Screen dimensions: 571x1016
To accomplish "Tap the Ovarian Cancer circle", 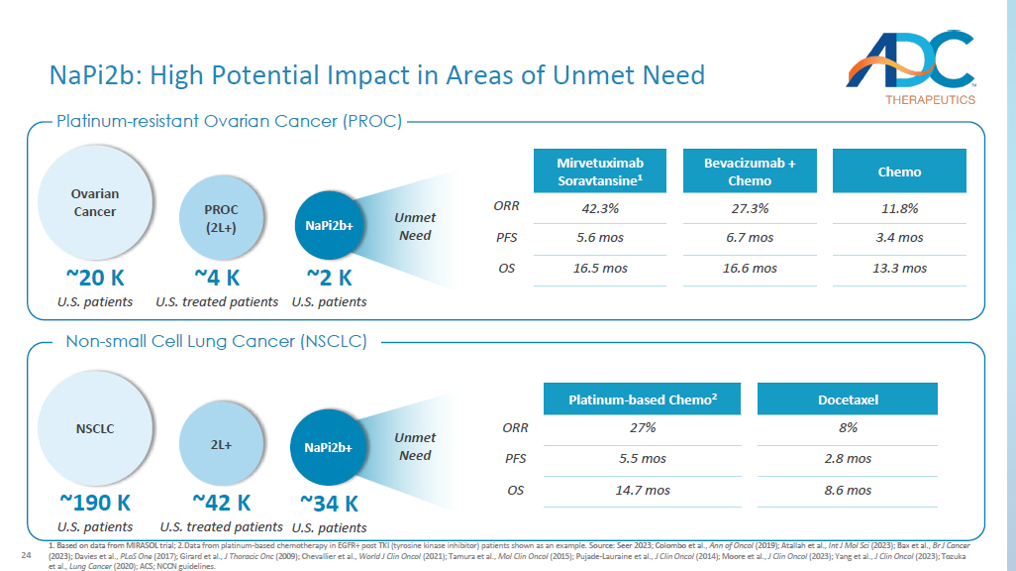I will tap(94, 203).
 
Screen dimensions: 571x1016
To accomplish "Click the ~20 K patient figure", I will tap(94, 279).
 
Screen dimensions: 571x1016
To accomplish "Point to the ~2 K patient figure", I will tap(329, 279).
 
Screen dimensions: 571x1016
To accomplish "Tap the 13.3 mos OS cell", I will tap(899, 269).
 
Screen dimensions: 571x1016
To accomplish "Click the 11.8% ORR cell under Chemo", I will tap(899, 209).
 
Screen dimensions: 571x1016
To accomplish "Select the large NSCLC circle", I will tap(95, 429).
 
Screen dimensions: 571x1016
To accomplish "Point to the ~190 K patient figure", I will tap(95, 503).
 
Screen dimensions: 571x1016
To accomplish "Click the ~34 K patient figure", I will tap(329, 503).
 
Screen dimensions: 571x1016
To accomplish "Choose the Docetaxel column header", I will tap(848, 400).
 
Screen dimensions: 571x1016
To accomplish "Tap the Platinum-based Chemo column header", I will tap(642, 400).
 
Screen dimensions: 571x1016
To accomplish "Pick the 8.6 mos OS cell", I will tap(848, 491).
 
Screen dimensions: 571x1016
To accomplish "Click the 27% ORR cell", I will tap(642, 428).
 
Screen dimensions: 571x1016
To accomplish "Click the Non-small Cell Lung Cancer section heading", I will tap(216, 342).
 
